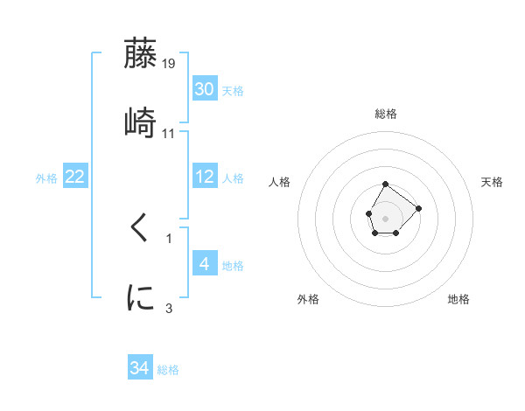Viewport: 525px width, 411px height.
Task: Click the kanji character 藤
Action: coord(141,54)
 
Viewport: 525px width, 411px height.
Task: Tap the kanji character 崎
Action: coord(141,122)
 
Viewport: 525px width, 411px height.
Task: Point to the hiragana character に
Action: coord(141,297)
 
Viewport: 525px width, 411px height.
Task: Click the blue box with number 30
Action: coord(205,88)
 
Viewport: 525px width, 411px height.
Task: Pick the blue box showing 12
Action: coord(205,177)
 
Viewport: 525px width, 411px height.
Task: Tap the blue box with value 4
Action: coord(205,263)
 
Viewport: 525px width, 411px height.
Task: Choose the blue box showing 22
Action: coord(75,177)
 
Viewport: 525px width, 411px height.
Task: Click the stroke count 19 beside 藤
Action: coord(169,63)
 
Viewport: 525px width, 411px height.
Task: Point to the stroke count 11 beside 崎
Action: coord(169,134)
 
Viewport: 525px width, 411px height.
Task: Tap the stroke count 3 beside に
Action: coord(169,308)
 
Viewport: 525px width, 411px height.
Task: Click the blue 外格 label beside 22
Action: coord(46,178)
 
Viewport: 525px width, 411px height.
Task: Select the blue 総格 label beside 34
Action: coord(168,370)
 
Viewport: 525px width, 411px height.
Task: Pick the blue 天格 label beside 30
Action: coord(233,90)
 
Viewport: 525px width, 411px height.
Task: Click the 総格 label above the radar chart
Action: coord(386,114)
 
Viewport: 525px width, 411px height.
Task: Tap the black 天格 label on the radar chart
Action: coord(493,182)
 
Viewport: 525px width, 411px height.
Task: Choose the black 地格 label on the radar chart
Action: coord(458,299)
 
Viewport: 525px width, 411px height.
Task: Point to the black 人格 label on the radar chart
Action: coord(280,182)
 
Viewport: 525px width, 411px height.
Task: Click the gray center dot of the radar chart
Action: coord(385,217)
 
